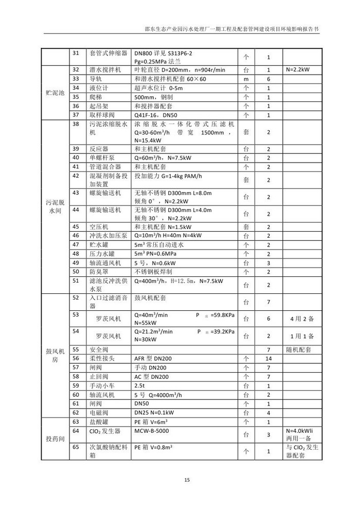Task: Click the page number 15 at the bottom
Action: [x=187, y=480]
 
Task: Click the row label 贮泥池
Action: [x=55, y=92]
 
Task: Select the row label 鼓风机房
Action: [x=55, y=355]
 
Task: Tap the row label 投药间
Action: [x=55, y=438]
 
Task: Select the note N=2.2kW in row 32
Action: [x=301, y=69]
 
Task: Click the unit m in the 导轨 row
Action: [x=246, y=79]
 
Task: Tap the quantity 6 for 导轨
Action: [x=268, y=79]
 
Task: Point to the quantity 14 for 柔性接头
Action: [x=268, y=358]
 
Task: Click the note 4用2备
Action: [x=302, y=319]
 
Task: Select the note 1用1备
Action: [x=302, y=336]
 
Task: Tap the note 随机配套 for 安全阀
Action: [x=302, y=349]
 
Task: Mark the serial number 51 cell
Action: [x=76, y=281]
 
